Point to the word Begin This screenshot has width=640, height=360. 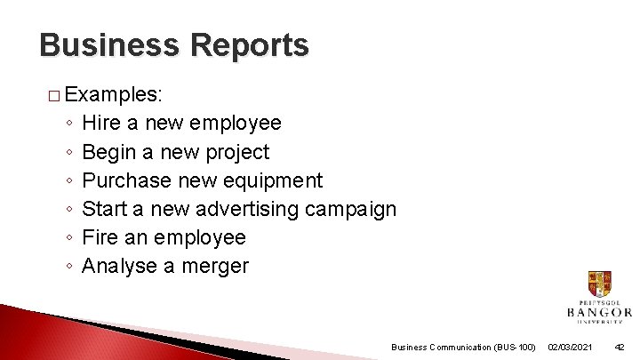(x=108, y=152)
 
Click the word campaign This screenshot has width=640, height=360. (x=350, y=209)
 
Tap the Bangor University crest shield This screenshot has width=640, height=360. (x=599, y=285)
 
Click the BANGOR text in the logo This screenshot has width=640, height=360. (x=599, y=313)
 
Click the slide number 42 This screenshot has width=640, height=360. (x=620, y=347)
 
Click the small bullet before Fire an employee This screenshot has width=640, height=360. (x=68, y=238)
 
